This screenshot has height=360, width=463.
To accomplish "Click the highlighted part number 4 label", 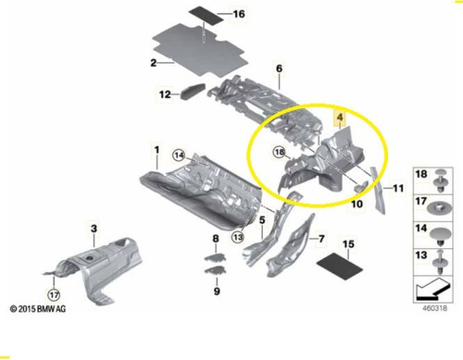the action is (x=340, y=118).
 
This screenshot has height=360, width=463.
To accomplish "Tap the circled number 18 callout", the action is (x=280, y=152).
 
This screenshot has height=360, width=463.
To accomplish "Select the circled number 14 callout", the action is (x=179, y=155).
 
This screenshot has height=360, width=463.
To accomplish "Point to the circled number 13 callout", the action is (x=238, y=237).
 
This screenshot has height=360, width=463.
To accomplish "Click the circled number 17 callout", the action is (x=54, y=295).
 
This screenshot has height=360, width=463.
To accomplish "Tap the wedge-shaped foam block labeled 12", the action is (x=193, y=92).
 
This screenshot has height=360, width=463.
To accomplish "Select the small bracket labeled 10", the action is (x=360, y=186).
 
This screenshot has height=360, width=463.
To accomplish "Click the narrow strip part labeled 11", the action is (x=379, y=191).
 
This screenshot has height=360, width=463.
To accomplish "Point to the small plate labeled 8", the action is (x=215, y=257).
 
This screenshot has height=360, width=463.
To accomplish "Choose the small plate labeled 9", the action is (x=215, y=270).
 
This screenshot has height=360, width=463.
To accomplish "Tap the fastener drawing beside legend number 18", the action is (x=439, y=180).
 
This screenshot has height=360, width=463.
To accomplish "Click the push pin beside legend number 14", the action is (x=439, y=236).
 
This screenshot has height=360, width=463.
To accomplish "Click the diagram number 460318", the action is (x=434, y=308).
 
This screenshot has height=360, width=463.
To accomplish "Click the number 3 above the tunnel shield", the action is (x=94, y=229).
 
